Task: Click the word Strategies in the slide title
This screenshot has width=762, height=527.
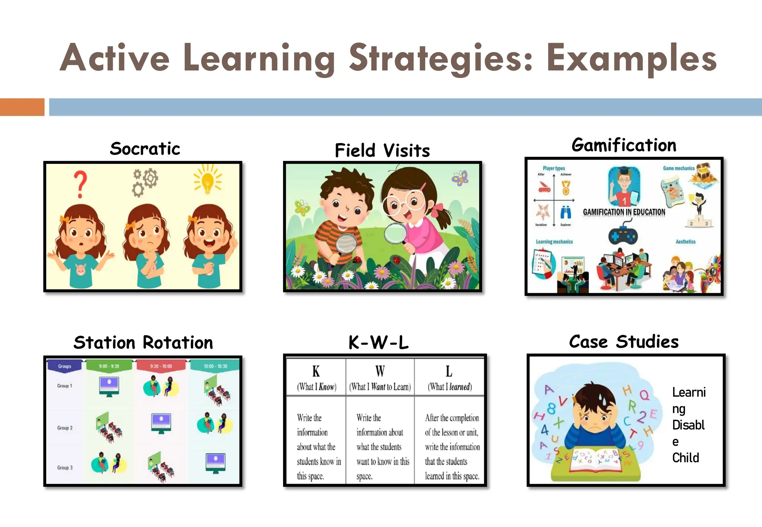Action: [441, 59]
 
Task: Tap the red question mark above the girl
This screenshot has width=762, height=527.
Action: [80, 184]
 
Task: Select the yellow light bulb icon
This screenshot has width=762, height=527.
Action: [208, 180]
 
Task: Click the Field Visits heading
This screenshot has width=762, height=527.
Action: [382, 151]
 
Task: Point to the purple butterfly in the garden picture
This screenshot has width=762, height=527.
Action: [460, 178]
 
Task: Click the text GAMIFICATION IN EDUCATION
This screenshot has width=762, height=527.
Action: [624, 212]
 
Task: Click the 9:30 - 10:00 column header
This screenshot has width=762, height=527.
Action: [161, 366]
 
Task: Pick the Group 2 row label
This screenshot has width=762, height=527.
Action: [65, 428]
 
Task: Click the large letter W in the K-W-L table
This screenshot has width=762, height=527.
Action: [380, 371]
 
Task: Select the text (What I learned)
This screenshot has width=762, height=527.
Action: [449, 387]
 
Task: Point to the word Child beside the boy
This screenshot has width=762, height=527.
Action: [685, 458]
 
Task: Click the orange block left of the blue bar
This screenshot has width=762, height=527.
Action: [22, 107]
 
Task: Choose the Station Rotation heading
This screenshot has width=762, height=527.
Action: [143, 342]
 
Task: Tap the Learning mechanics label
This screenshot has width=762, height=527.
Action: [554, 242]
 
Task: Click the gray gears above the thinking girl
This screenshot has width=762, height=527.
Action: [145, 182]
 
